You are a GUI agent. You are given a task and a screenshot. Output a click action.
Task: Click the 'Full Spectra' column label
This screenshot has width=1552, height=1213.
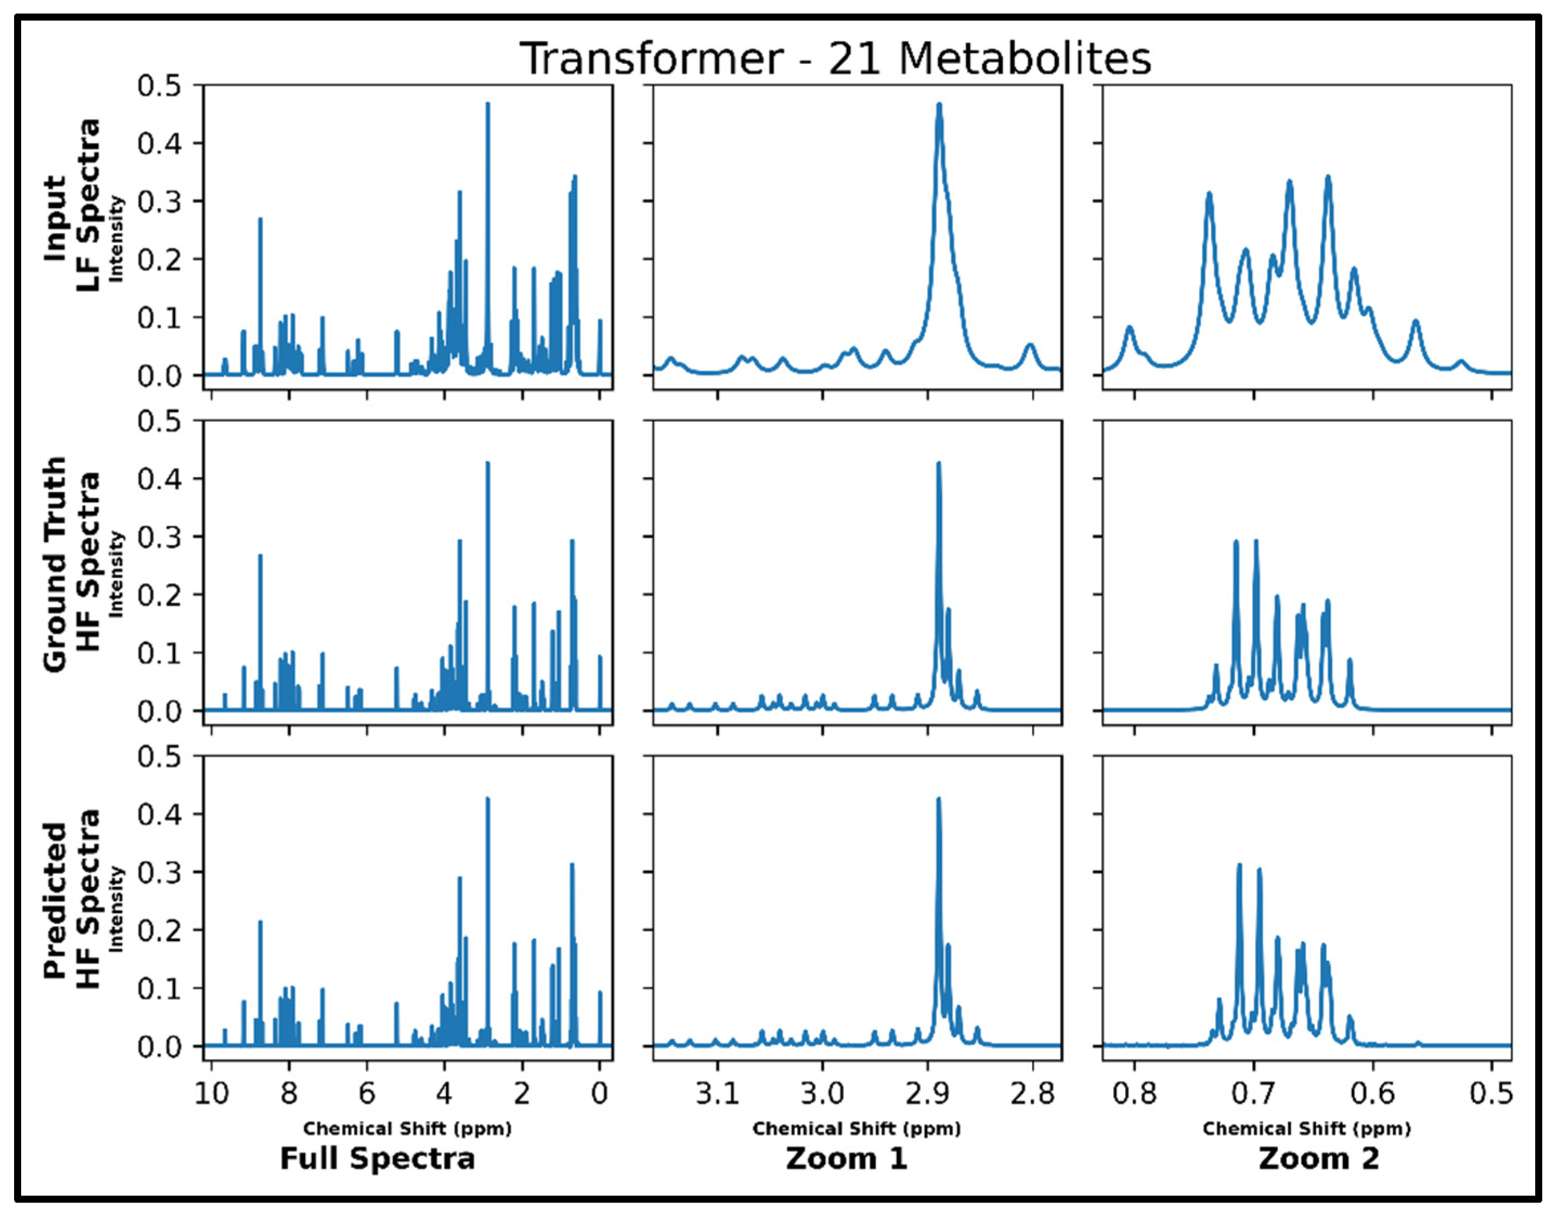377,1158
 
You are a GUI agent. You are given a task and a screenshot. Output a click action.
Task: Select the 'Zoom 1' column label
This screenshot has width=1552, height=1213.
846,1158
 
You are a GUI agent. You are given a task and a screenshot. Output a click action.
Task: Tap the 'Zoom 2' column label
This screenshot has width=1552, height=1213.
1319,1158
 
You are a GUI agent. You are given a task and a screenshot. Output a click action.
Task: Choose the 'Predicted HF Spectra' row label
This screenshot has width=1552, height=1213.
71,901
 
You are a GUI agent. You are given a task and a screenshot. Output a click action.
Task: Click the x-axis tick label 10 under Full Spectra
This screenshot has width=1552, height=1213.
211,1093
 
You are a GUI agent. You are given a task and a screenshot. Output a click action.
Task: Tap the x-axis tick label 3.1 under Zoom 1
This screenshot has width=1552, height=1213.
717,1093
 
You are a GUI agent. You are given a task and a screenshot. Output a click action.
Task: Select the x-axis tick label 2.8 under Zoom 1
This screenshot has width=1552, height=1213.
1033,1093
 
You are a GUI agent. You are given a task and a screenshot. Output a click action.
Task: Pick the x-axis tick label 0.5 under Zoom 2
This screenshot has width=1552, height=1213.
1491,1093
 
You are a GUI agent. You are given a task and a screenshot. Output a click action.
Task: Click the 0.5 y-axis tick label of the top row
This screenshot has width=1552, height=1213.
159,86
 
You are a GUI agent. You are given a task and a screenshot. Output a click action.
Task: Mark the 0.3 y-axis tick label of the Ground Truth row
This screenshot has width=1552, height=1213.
159,537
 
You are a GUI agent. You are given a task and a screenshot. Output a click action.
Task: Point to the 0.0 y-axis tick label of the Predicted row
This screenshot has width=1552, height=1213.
159,1047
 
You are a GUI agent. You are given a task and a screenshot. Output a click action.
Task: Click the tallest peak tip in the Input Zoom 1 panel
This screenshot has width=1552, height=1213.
940,105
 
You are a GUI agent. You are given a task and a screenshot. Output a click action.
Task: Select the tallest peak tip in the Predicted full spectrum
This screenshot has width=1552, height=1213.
487,799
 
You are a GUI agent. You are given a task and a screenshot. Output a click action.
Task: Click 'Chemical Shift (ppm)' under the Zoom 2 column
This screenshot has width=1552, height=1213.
1306,1129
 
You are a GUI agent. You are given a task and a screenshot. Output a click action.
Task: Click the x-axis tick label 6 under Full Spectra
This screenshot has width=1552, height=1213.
366,1093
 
